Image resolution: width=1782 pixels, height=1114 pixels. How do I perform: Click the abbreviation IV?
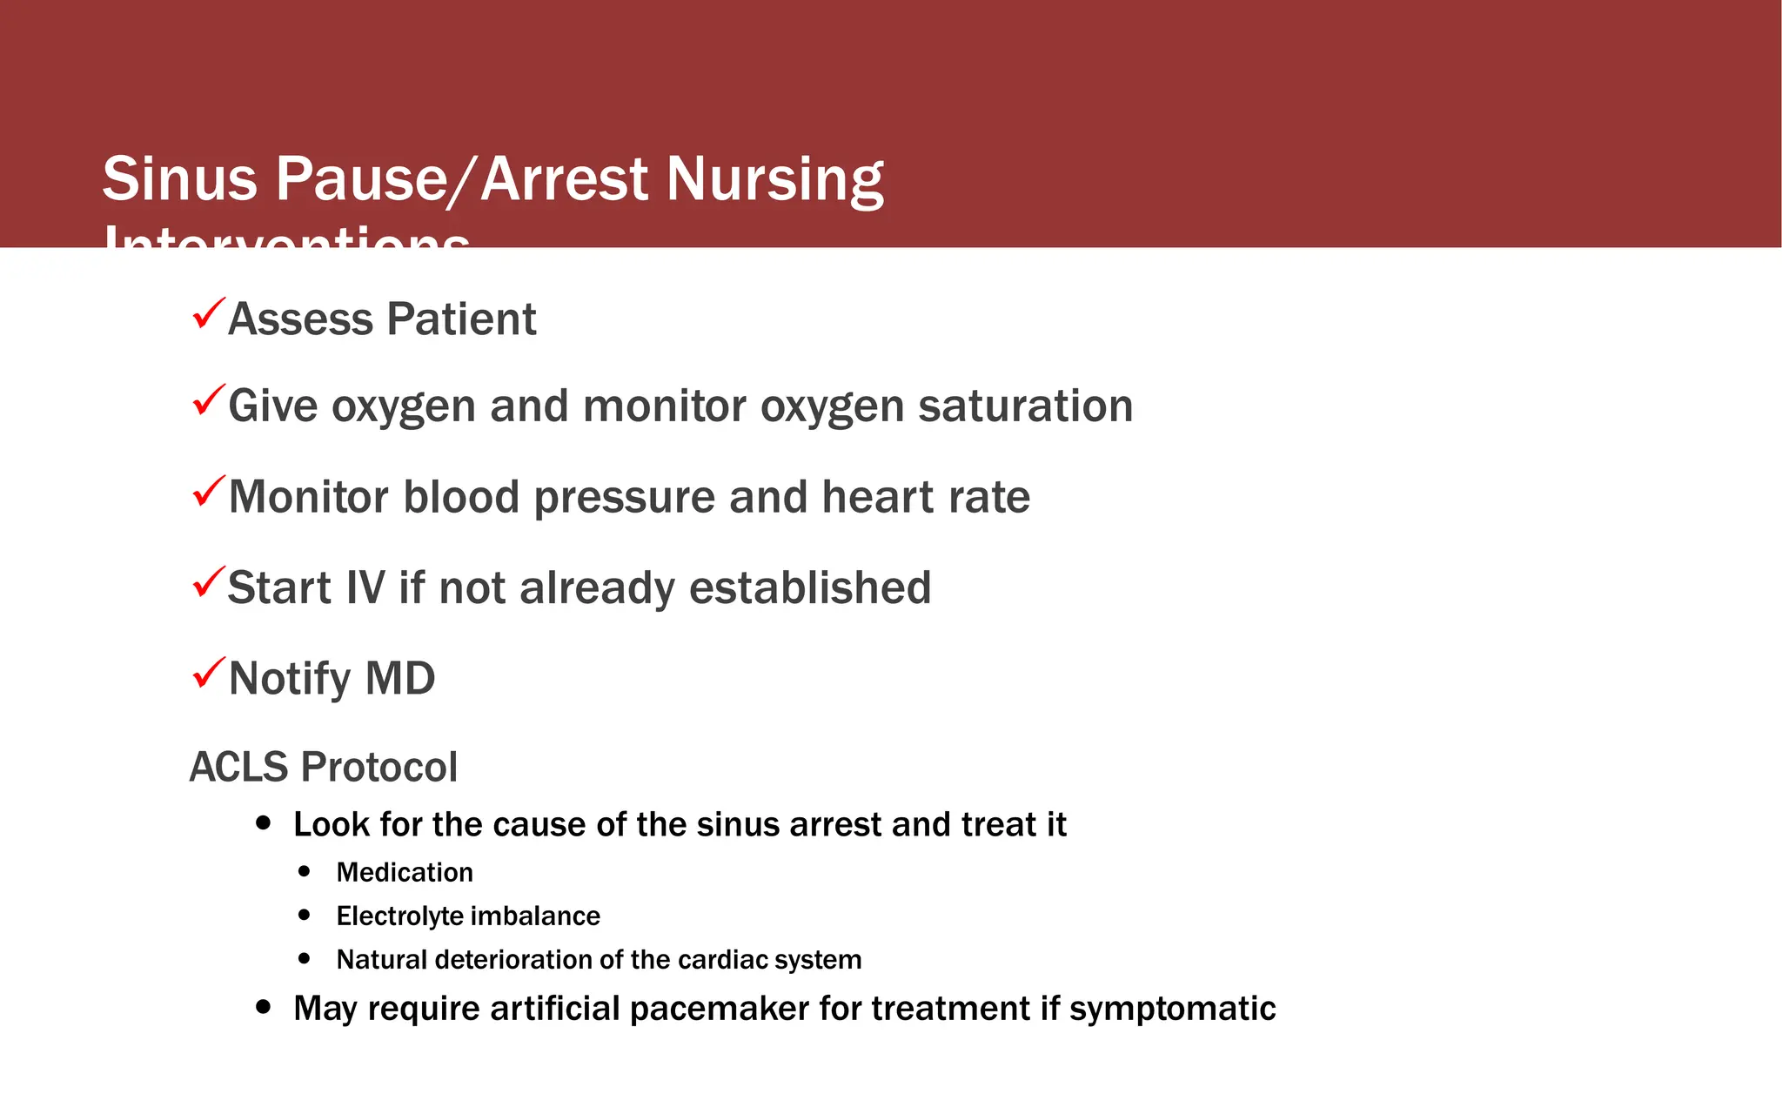[x=365, y=588]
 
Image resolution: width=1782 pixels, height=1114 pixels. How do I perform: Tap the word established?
[x=810, y=588]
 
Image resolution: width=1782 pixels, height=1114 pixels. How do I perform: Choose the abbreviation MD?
[x=399, y=679]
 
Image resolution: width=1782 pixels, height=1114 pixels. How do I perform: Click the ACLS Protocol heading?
[x=323, y=768]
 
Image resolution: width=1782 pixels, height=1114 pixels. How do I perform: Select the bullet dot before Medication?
[x=304, y=870]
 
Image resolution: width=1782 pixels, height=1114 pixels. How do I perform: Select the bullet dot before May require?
[x=264, y=1007]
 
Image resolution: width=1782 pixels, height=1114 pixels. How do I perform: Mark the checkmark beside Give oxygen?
[x=208, y=401]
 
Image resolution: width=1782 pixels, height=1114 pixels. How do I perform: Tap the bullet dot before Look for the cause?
[x=264, y=823]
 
